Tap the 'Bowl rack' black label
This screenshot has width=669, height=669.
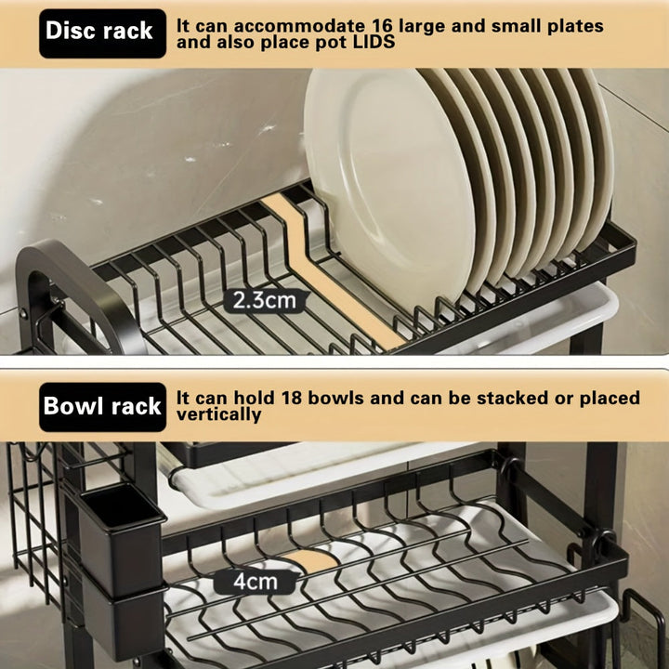tap(102, 406)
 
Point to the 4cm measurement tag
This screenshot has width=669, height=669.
tap(255, 583)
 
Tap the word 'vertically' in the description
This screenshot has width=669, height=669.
tap(218, 414)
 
